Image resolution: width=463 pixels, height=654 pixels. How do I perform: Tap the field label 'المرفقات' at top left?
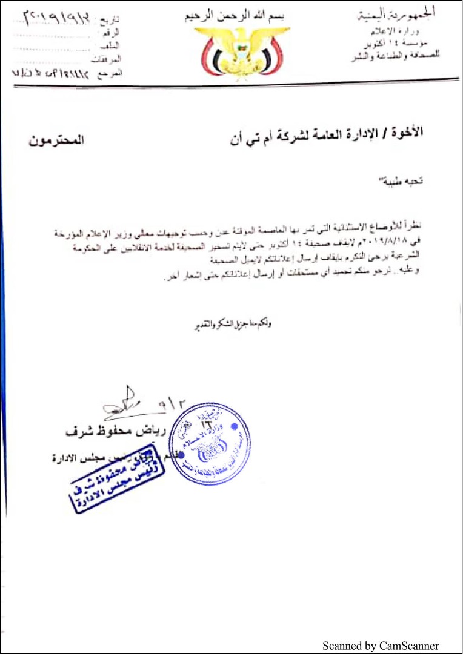click(110, 59)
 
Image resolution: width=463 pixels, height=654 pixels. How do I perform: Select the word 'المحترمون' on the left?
click(56, 142)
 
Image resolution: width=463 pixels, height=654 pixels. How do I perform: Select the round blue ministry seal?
click(210, 444)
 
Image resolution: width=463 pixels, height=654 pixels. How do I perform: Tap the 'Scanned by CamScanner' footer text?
click(380, 646)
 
